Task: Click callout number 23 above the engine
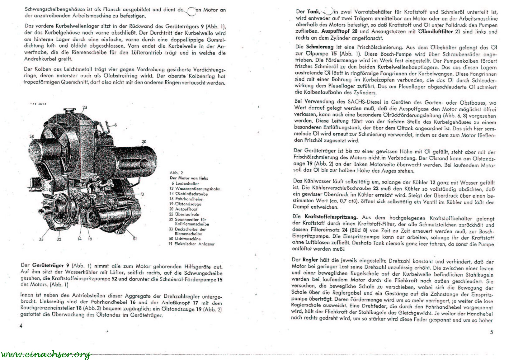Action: click(85, 107)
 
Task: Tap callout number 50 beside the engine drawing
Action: click(32, 136)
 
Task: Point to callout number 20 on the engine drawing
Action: click(144, 142)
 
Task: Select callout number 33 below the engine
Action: click(41, 239)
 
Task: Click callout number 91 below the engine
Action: click(134, 239)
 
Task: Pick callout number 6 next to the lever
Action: click(115, 125)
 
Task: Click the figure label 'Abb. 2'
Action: click(176, 173)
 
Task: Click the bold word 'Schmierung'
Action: click(320, 47)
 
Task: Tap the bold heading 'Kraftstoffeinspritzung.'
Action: click(331, 217)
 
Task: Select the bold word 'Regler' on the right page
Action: click(310, 260)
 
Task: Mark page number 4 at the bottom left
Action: click(21, 326)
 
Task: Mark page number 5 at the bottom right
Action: click(492, 332)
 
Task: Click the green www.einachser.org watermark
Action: click(46, 354)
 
